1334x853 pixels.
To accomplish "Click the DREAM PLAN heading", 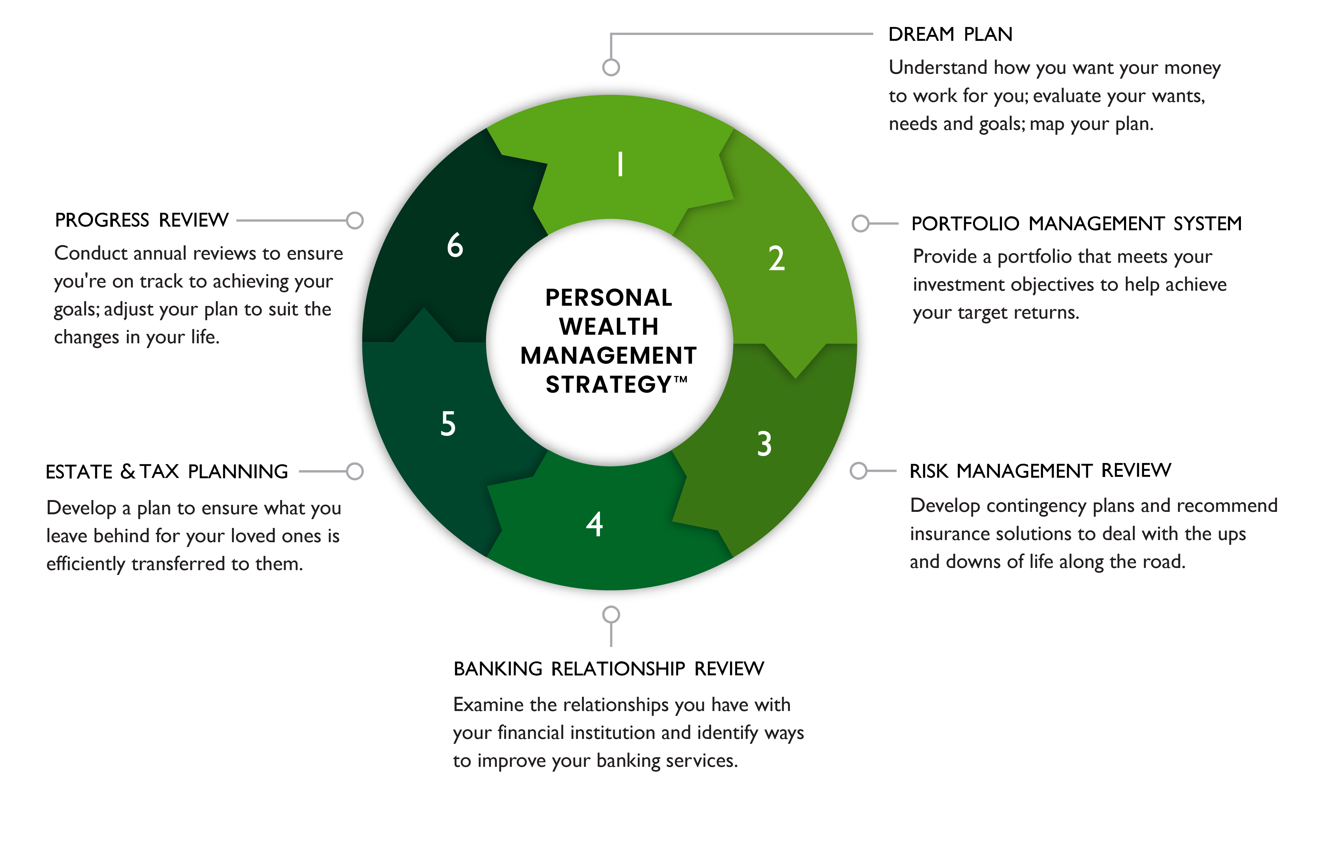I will pyautogui.click(x=950, y=34).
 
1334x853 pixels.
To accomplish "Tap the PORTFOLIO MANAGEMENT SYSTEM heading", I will pyautogui.click(x=1076, y=223).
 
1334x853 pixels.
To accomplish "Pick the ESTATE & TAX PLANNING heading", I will pyautogui.click(x=167, y=472).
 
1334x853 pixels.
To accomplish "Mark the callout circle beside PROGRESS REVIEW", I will pyautogui.click(x=355, y=220).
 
